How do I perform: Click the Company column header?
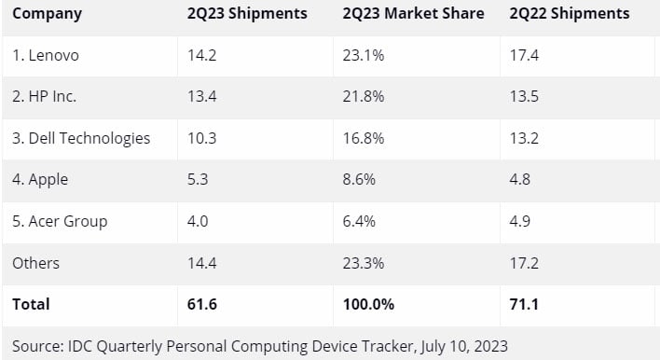[47, 14]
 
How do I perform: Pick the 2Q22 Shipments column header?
[569, 14]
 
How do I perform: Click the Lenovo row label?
[46, 55]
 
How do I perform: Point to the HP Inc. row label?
[46, 96]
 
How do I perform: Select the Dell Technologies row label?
[81, 138]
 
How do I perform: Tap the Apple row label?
[40, 179]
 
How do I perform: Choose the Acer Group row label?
[60, 221]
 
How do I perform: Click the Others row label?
[35, 263]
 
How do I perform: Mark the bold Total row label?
[31, 304]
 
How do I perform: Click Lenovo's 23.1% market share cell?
[360, 55]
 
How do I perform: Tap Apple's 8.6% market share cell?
[356, 179]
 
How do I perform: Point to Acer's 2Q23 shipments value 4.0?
[199, 221]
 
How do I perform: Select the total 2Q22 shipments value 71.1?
[524, 304]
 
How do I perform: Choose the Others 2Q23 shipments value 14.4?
[202, 263]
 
